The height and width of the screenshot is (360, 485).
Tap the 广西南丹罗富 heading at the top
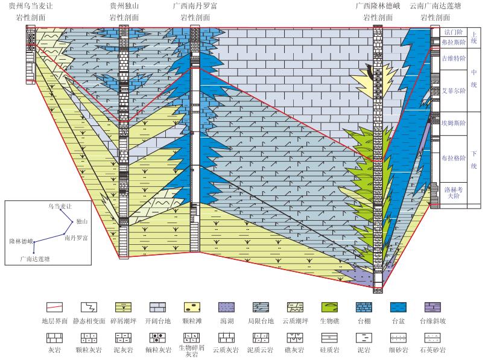(195, 6)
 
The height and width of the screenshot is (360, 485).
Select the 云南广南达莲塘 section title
(435, 6)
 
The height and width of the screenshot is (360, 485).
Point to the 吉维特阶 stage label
(454, 59)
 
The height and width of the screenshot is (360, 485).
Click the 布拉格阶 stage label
(454, 158)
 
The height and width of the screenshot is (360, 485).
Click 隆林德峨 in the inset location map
(21, 241)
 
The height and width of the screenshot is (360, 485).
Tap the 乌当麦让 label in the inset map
(60, 206)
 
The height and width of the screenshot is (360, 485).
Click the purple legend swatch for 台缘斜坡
(435, 307)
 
